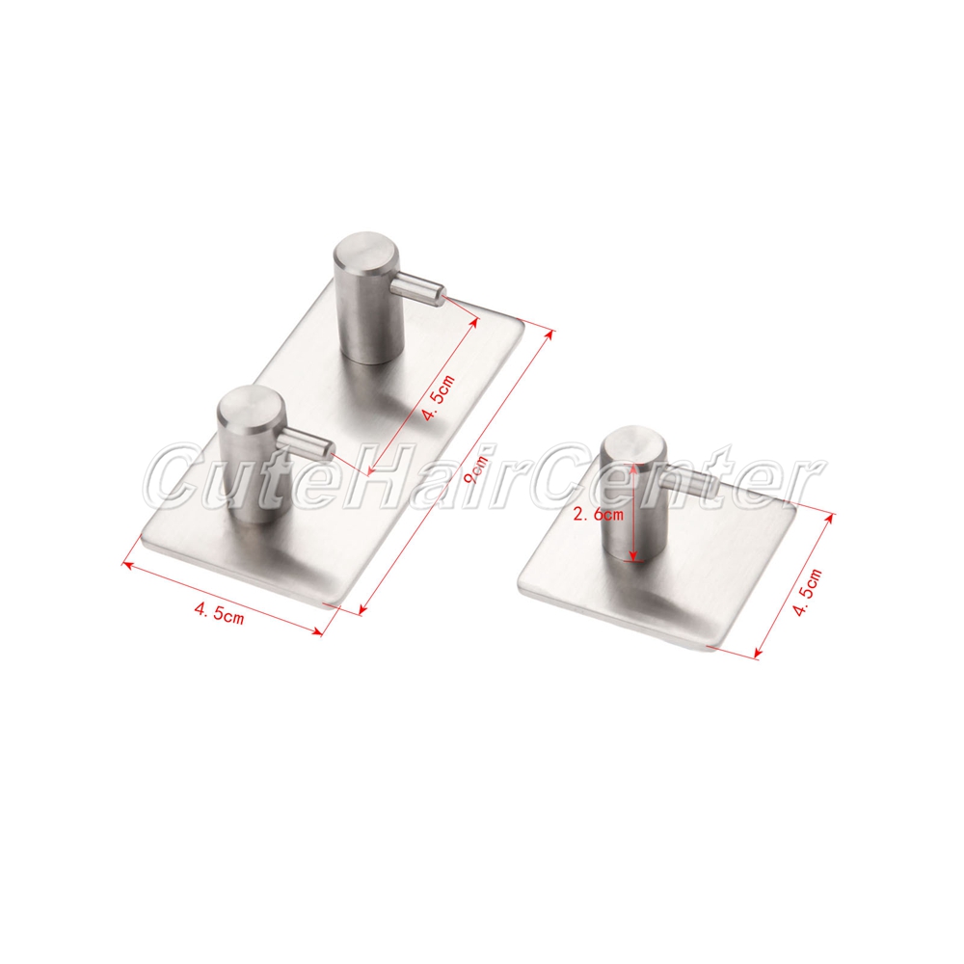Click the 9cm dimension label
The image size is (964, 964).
point(475,469)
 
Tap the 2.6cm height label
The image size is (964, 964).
point(598,515)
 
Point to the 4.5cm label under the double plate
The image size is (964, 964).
point(219,613)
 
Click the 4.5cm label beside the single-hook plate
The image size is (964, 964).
point(807,592)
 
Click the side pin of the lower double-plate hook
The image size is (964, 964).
point(306,441)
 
